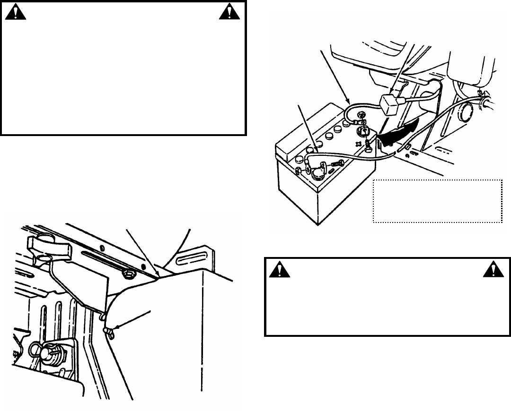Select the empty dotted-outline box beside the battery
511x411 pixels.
click(x=438, y=201)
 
